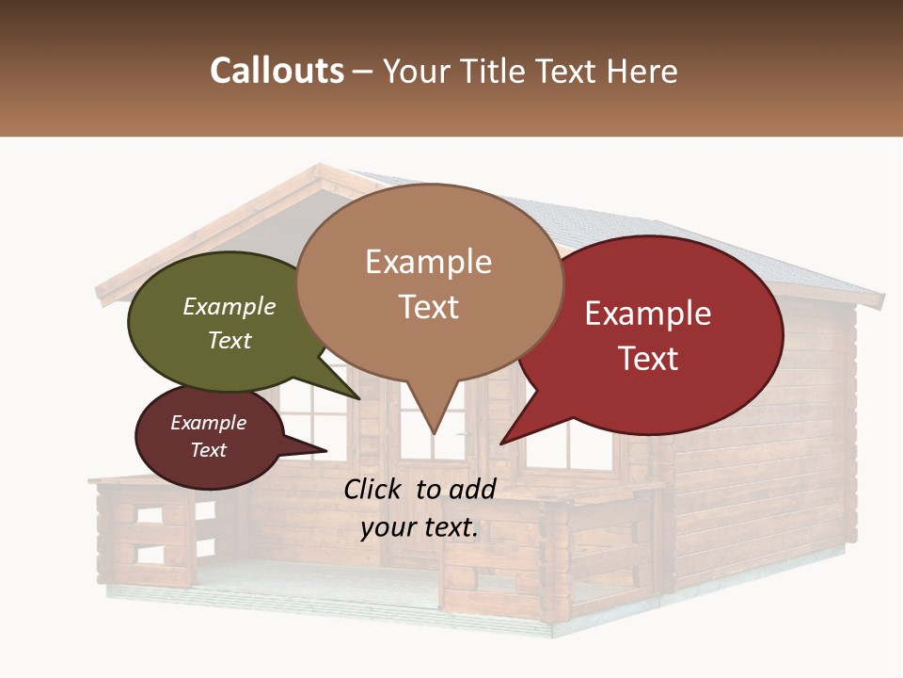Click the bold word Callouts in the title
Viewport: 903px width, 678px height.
tap(277, 71)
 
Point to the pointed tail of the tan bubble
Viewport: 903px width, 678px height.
tap(433, 419)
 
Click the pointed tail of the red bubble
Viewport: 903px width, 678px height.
tap(513, 433)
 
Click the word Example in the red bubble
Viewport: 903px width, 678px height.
tap(648, 313)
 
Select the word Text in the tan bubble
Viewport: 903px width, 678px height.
tap(429, 307)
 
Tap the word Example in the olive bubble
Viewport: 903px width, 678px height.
tap(230, 306)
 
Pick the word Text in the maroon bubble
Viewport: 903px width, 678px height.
tap(209, 450)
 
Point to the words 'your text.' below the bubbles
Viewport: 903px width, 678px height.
tap(420, 527)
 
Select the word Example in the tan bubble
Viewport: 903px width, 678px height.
tap(429, 262)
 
